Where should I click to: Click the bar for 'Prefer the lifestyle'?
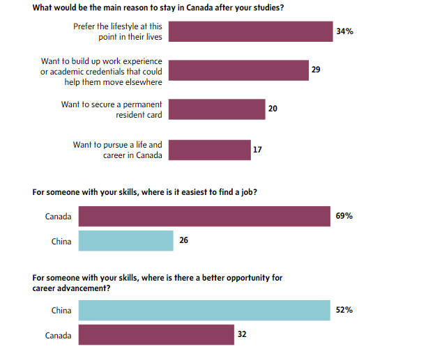251,31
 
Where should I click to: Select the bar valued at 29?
238,70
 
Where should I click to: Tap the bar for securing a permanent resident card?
217,109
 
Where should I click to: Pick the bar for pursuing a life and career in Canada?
210,150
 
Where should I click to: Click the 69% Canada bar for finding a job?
204,217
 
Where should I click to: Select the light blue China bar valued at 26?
125,241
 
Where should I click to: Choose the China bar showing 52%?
204,310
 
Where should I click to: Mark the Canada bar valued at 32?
156,335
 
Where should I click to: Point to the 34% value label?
344,31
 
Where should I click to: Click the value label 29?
316,70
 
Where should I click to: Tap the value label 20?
273,109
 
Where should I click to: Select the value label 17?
258,150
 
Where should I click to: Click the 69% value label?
344,217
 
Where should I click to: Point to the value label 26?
184,241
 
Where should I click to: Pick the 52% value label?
344,310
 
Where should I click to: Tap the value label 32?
242,335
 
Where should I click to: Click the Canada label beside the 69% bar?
59,217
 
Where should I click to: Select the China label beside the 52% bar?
61,310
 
